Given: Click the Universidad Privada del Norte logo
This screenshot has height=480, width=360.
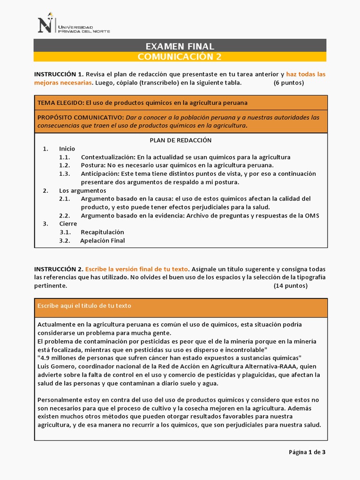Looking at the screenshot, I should click(74, 24).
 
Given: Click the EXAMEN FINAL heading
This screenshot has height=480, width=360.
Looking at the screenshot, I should click(180, 46).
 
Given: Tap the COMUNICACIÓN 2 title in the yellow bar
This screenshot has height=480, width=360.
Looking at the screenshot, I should click(180, 57).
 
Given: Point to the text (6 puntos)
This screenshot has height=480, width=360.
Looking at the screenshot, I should click(289, 83).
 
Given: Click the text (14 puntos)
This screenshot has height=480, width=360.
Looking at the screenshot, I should click(291, 285).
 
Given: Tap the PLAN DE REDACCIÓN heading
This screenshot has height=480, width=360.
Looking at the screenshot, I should click(180, 140).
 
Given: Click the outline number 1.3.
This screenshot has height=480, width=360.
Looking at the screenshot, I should click(65, 174).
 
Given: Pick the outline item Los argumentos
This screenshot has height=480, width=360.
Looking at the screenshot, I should click(82, 191).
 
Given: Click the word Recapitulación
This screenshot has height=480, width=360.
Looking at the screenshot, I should click(102, 232).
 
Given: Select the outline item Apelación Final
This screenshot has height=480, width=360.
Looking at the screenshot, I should click(102, 241).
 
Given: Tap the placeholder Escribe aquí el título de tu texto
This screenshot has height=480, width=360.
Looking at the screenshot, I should click(84, 306).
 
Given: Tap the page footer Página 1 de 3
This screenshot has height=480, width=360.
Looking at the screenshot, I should click(307, 452).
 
